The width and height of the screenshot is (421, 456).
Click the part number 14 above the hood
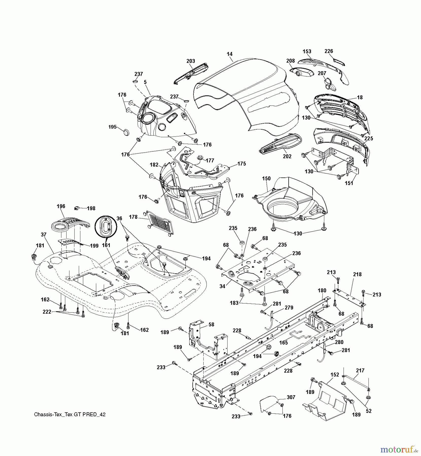coord(230,54)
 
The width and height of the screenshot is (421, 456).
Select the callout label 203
coord(190,61)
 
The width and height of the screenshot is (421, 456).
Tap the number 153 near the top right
coord(307,51)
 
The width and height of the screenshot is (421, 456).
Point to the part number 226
coord(329,51)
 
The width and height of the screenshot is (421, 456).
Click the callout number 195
coord(112,127)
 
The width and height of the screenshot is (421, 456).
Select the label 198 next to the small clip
coord(91,208)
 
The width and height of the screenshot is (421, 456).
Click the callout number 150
coord(266,178)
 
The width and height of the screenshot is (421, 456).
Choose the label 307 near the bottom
coord(291,397)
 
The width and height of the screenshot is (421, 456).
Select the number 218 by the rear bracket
coord(357,274)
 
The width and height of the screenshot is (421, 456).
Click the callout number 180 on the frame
coord(322,291)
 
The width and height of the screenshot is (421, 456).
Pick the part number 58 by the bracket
coord(211,325)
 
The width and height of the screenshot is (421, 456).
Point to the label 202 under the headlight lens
coord(287,157)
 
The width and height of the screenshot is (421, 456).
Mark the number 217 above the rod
coord(360,371)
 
